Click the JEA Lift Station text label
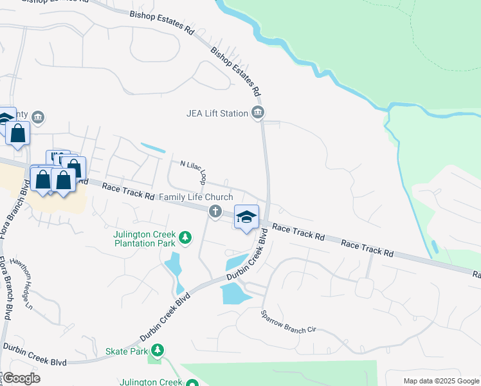tap(217, 114)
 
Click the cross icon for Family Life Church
tap(215, 210)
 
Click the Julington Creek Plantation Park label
tap(145, 239)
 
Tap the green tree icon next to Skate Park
tap(156, 351)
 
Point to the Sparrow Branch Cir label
tap(289, 321)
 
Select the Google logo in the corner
tap(21, 378)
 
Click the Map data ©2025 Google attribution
tap(441, 380)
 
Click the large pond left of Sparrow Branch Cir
tap(235, 293)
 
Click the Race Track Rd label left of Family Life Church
tap(129, 191)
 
